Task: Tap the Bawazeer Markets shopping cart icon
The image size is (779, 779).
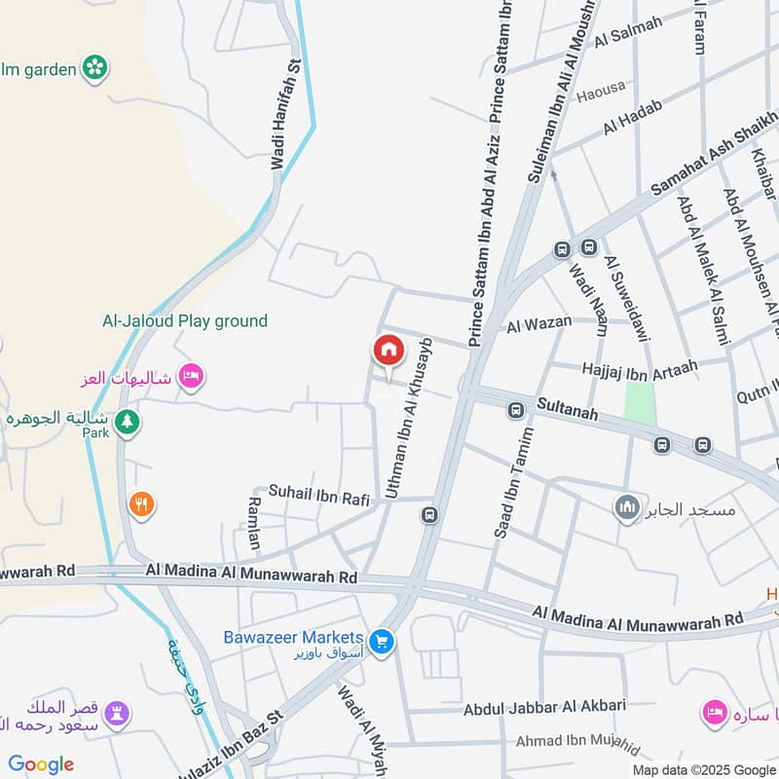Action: pyautogui.click(x=382, y=642)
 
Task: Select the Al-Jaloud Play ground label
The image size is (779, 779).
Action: pyautogui.click(x=185, y=320)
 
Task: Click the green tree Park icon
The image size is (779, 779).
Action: pyautogui.click(x=126, y=423)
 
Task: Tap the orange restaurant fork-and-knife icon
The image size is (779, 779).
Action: pyautogui.click(x=142, y=504)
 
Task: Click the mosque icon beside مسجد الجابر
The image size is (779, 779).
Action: pyautogui.click(x=627, y=507)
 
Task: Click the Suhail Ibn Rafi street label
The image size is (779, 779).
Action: pyautogui.click(x=319, y=498)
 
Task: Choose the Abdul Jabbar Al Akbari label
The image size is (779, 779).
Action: pyautogui.click(x=544, y=708)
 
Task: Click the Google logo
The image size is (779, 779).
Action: pyautogui.click(x=41, y=764)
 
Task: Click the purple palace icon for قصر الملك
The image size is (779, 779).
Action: pyautogui.click(x=118, y=713)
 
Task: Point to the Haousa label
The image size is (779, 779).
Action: pyautogui.click(x=601, y=95)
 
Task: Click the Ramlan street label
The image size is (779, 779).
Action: pyautogui.click(x=254, y=523)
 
